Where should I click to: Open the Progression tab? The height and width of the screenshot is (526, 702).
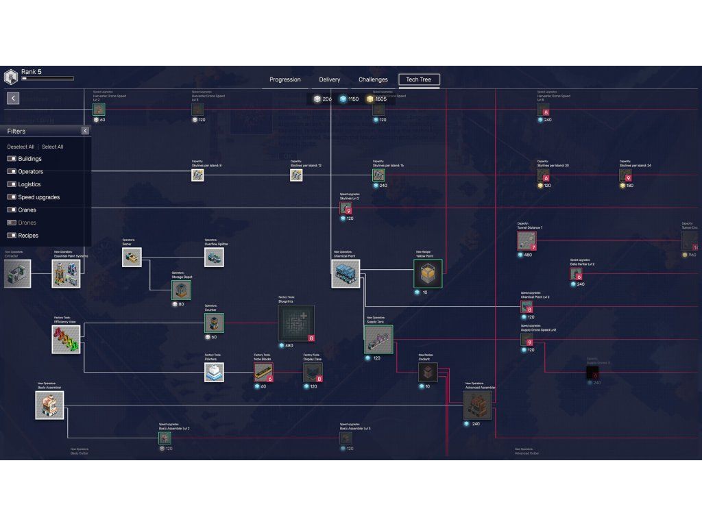285,79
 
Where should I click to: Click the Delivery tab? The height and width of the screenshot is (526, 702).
329,79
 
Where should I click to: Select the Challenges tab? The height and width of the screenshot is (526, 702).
373,79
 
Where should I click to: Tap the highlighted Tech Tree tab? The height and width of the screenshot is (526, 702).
419,79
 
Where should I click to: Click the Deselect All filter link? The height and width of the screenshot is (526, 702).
21,147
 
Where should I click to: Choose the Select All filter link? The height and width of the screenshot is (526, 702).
53,147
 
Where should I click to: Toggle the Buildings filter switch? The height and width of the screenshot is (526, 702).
12,159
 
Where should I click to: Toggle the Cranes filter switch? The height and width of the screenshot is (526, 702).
12,210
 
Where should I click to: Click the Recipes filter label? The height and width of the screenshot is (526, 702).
28,236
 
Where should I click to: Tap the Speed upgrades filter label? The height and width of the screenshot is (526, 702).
38,197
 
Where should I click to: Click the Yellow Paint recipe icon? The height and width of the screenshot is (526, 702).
428,274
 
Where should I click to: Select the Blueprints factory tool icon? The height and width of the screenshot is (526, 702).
296,323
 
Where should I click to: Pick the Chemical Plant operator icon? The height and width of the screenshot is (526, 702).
346,273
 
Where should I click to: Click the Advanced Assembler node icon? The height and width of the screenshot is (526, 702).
477,405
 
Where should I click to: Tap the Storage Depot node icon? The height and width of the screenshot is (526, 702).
181,290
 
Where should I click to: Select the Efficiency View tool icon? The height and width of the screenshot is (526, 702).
66,339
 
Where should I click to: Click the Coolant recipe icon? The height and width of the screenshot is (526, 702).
428,373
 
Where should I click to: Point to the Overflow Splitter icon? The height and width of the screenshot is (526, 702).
214,257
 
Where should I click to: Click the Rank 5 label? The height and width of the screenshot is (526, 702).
32,71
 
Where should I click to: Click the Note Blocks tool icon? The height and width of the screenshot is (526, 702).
263,372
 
